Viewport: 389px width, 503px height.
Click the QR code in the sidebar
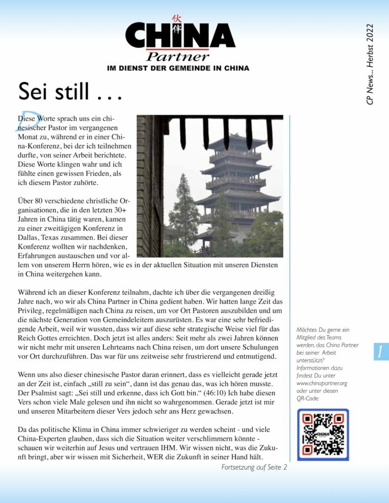click(x=323, y=434)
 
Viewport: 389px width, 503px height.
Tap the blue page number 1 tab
click(x=381, y=351)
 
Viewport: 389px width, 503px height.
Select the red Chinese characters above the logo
click(x=177, y=24)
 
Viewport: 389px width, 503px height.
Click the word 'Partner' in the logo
click(x=178, y=56)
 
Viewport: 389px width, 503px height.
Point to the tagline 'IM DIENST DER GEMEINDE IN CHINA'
click(x=178, y=68)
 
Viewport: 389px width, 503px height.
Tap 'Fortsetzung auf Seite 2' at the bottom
click(x=254, y=467)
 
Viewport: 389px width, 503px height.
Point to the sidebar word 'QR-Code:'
click(x=308, y=398)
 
